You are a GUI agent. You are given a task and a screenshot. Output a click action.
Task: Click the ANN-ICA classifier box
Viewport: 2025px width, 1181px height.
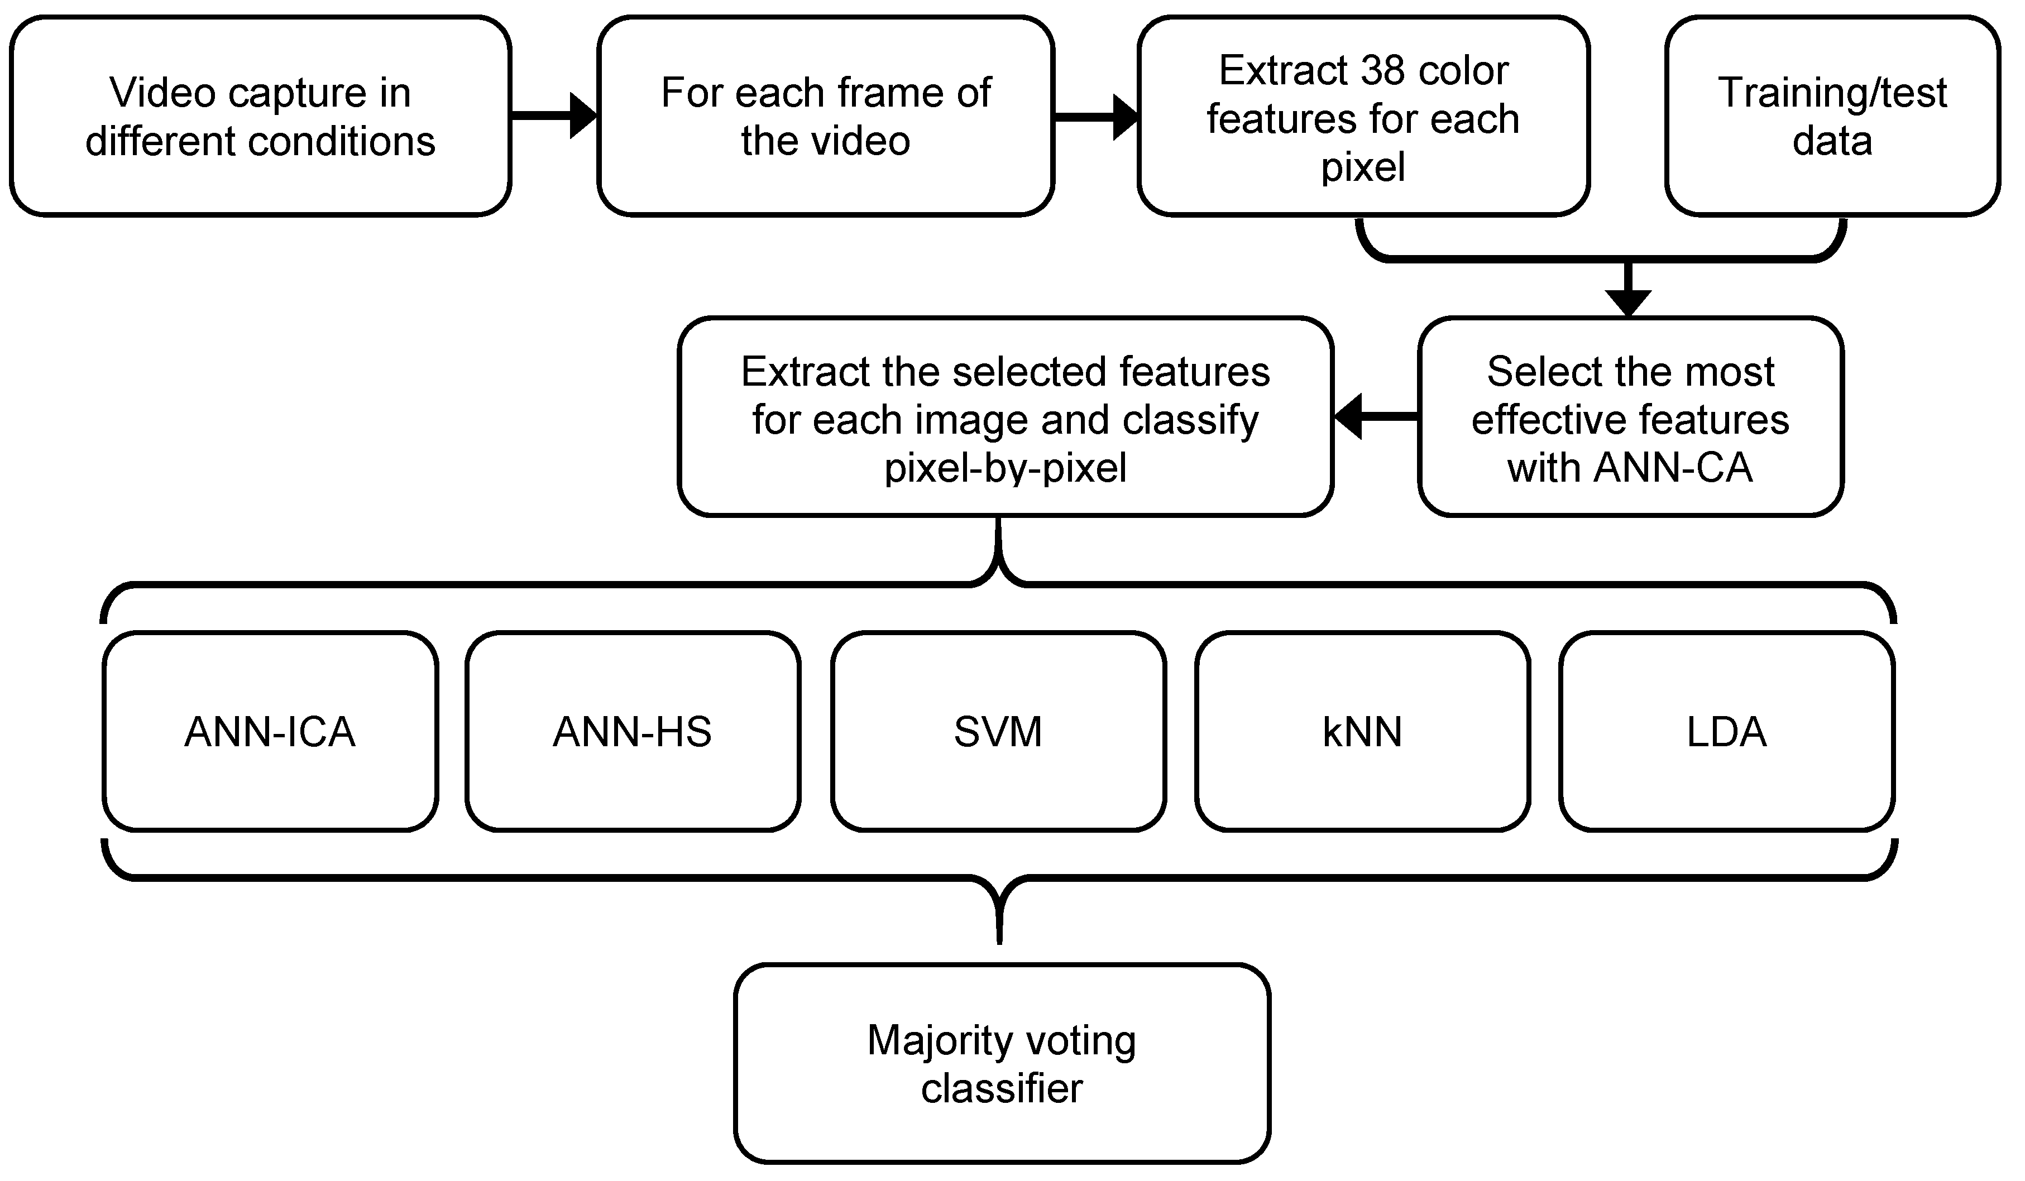[270, 732]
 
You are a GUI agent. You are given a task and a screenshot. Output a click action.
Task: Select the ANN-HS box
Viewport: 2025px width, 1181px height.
[633, 732]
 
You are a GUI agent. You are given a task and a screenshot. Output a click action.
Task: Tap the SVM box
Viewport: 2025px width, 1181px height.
[998, 732]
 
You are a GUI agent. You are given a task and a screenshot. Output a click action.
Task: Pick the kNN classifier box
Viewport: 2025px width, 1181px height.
[1362, 732]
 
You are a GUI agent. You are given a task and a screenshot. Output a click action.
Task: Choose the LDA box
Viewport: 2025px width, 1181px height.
[1726, 732]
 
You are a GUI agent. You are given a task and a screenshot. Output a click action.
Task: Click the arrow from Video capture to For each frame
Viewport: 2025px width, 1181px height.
[554, 117]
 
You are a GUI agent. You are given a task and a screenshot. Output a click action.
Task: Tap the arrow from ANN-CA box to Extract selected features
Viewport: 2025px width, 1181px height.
[1376, 416]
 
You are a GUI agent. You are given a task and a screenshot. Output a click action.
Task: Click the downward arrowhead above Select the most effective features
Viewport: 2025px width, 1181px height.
[1628, 301]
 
